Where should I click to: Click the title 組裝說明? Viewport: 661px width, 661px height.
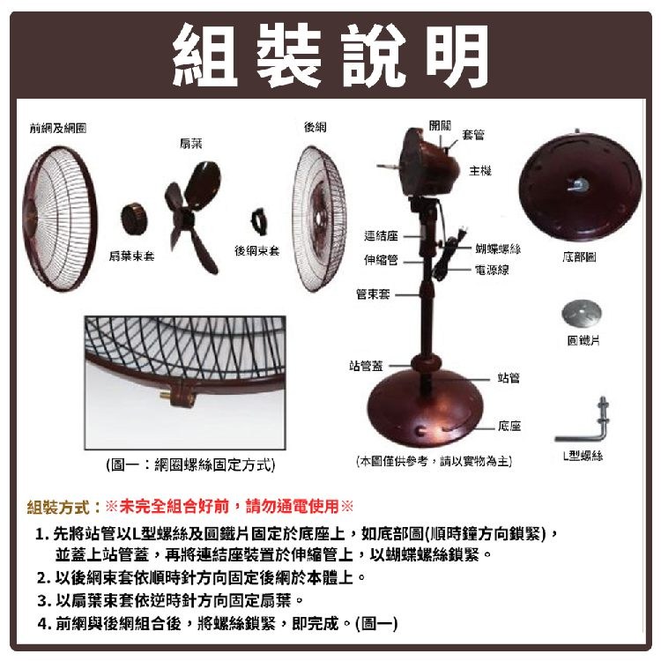(x=330, y=55)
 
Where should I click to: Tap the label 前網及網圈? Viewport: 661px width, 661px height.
(x=58, y=128)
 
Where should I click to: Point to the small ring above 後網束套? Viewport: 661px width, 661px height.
(x=258, y=223)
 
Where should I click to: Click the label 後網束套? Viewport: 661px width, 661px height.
(x=256, y=251)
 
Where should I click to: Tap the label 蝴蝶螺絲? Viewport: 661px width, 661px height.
(x=498, y=249)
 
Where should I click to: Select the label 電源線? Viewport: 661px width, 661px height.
(x=492, y=270)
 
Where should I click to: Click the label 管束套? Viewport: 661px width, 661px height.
(x=373, y=293)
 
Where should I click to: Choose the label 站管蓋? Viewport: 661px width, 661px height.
(x=366, y=365)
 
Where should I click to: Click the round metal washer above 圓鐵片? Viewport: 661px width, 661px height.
(x=582, y=313)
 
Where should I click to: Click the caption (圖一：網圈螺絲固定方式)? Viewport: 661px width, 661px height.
(x=190, y=465)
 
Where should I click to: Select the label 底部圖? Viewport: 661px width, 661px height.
(x=579, y=256)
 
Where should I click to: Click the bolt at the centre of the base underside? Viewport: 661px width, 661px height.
(x=578, y=184)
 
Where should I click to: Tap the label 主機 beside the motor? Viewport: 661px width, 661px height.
(x=480, y=171)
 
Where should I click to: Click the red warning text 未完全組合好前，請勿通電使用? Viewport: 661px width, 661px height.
(x=229, y=506)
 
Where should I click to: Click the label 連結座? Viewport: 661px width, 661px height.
(x=381, y=235)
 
